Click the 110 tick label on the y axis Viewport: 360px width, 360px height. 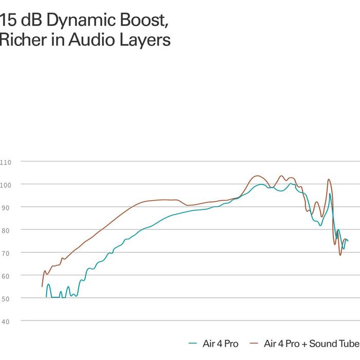click(5, 163)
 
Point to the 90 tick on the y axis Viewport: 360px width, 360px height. click(5, 208)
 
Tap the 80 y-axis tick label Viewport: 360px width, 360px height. click(5, 231)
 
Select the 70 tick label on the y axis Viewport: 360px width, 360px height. click(5, 254)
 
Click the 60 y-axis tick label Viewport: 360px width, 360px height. click(5, 276)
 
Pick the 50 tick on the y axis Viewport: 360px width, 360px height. click(5, 299)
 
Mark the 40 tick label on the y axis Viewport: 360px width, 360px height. click(5, 321)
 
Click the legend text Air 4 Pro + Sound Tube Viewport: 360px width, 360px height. click(312, 344)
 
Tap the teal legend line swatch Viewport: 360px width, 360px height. click(193, 344)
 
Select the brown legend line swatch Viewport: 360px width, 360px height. click(254, 344)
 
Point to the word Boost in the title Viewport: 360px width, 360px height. click(144, 21)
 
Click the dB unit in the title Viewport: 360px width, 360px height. click(31, 20)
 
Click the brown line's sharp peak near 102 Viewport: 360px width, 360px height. click(329, 179)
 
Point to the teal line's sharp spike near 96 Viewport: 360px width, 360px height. click(330, 193)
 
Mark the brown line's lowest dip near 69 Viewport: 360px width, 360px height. click(340, 255)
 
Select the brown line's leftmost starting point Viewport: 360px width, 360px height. click(42, 286)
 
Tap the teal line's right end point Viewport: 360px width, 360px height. click(348, 241)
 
